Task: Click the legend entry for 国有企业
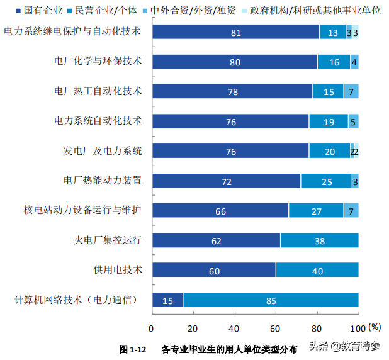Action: pyautogui.click(x=42, y=11)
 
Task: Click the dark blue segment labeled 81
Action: pyautogui.click(x=235, y=32)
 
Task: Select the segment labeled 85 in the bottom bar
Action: pyautogui.click(x=271, y=300)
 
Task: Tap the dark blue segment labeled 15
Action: pyautogui.click(x=167, y=300)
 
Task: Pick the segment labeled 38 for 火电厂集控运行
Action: pyautogui.click(x=319, y=240)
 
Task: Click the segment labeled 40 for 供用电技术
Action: pyautogui.click(x=317, y=271)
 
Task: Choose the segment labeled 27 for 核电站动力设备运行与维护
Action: pyautogui.click(x=317, y=211)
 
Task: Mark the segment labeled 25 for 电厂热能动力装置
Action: pyautogui.click(x=326, y=181)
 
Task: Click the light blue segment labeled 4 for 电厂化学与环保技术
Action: pyautogui.click(x=354, y=62)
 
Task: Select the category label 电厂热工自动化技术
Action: pyautogui.click(x=98, y=91)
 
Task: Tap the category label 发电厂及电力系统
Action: pyautogui.click(x=103, y=151)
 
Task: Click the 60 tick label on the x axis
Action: pyautogui.click(x=276, y=328)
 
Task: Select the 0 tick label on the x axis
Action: pyautogui.click(x=152, y=328)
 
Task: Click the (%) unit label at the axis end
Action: pyautogui.click(x=375, y=327)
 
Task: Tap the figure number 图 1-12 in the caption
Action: pyautogui.click(x=133, y=348)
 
